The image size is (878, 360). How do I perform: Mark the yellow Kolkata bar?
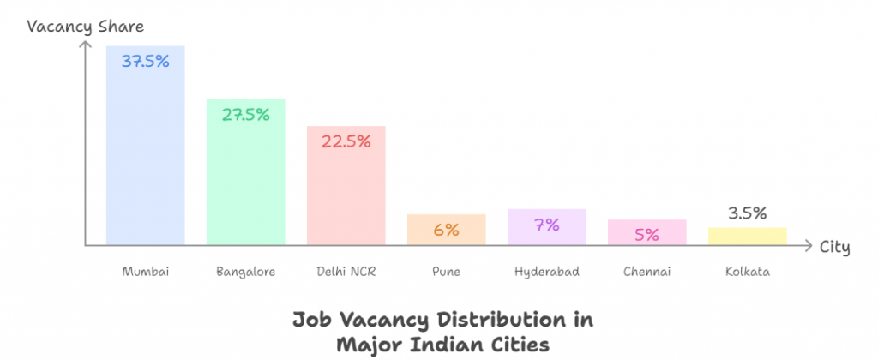tap(747, 237)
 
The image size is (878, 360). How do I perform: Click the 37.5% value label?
tap(145, 62)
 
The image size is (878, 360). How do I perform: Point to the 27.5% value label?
tap(245, 114)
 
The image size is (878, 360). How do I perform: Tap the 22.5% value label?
tap(346, 141)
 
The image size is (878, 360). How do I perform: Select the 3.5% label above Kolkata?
tap(747, 213)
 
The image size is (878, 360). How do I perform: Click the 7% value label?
tap(546, 225)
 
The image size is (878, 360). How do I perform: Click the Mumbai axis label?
tap(145, 272)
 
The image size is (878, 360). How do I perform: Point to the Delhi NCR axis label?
tap(346, 272)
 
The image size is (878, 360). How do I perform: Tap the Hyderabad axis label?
tap(546, 272)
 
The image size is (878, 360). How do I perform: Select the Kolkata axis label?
tap(747, 272)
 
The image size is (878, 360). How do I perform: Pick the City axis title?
tap(834, 248)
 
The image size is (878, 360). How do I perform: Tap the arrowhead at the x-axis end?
tap(807, 246)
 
